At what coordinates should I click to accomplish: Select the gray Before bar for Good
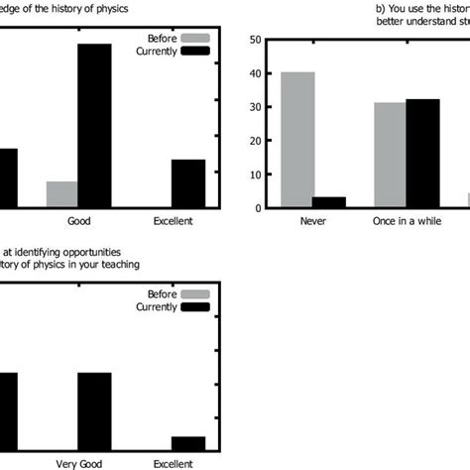pyautogui.click(x=61, y=194)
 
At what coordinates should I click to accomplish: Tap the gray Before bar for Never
pyautogui.click(x=298, y=140)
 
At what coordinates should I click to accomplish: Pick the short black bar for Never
pyautogui.click(x=329, y=202)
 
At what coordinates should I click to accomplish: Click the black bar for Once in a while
pyautogui.click(x=421, y=154)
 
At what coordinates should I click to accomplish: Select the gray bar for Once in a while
pyautogui.click(x=391, y=156)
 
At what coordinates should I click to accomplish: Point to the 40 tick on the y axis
pyautogui.click(x=256, y=73)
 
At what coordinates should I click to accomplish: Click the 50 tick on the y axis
pyautogui.click(x=256, y=40)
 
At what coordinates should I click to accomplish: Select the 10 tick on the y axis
pyautogui.click(x=256, y=175)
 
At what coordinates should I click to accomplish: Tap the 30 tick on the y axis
pyautogui.click(x=256, y=107)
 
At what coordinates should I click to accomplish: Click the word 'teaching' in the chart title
pyautogui.click(x=117, y=265)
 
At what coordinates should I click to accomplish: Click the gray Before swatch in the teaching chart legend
pyautogui.click(x=197, y=294)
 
